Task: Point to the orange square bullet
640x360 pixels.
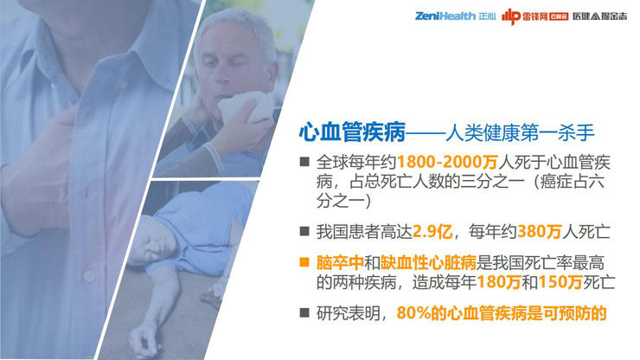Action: [304, 263]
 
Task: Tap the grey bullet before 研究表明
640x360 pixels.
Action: [304, 314]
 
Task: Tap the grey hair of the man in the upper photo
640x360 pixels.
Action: [234, 26]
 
